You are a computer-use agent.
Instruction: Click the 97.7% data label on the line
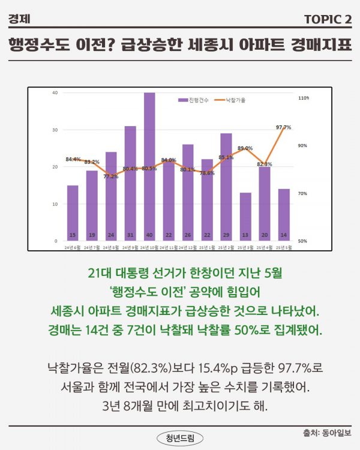(x=283, y=127)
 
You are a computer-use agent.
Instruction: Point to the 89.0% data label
(x=245, y=148)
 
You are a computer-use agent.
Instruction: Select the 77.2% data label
(x=111, y=176)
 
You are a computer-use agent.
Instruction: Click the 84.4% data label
(x=73, y=159)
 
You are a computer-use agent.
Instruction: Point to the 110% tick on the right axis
(x=303, y=97)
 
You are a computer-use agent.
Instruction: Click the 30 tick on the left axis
(x=55, y=130)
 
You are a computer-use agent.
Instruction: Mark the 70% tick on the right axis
(x=303, y=193)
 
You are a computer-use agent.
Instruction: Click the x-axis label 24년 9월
(x=130, y=247)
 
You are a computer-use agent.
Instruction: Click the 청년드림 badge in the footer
(x=180, y=437)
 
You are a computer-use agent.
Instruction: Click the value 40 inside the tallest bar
(x=149, y=235)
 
